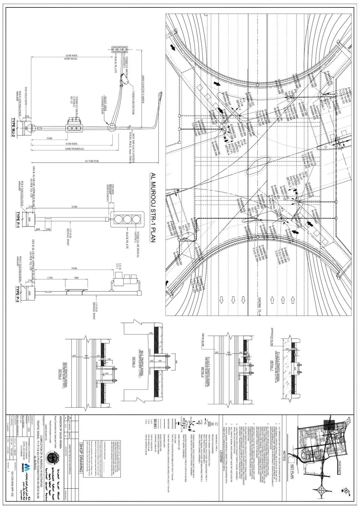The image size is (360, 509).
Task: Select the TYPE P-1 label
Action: click(19, 216)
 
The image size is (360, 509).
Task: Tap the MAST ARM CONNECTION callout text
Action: click(105, 101)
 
